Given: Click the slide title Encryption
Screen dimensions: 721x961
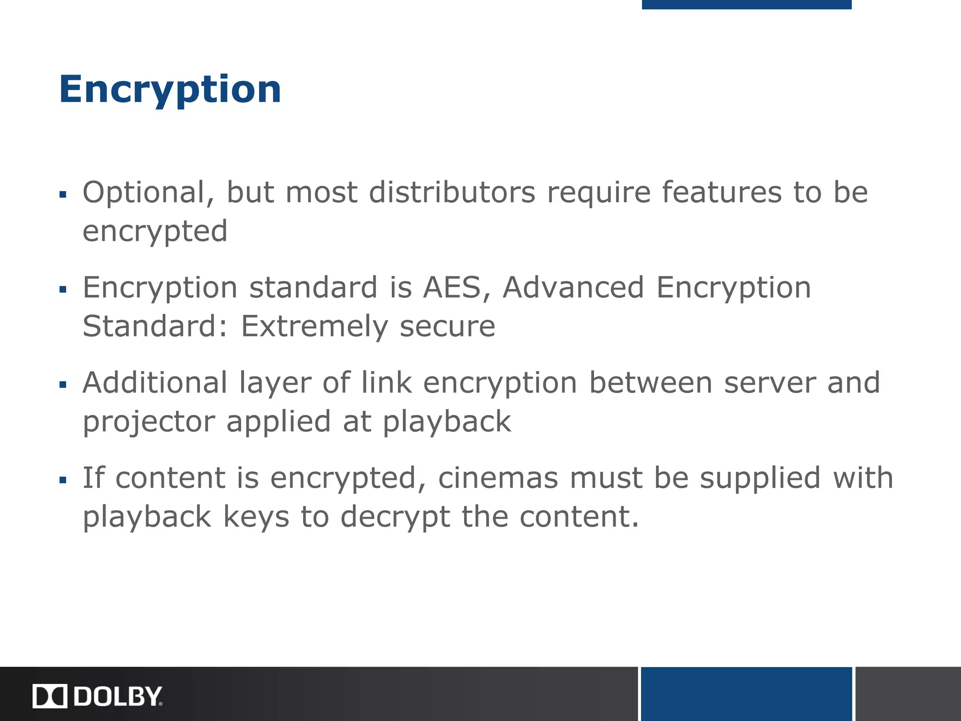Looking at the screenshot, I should coord(170,89).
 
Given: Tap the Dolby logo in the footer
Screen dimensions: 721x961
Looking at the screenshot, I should coord(98,696).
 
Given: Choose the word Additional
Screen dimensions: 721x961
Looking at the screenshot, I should coord(155,383).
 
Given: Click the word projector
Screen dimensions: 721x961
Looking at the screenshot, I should coord(149,422).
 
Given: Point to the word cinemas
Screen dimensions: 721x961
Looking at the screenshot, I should coord(498,478).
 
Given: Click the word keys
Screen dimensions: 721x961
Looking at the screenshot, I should coord(256,516).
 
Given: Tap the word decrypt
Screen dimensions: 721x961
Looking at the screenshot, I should coord(395,517).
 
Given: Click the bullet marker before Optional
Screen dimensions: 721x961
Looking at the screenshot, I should coord(63,194).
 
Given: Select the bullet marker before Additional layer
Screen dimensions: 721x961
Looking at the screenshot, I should coord(63,385).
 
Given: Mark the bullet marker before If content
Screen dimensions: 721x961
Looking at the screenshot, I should coord(63,480).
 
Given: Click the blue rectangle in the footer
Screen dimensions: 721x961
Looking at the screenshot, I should coord(746,694).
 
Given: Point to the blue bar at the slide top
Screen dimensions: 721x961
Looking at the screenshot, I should coord(746,4).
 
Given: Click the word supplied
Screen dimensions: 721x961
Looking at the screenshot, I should coord(760,479).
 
